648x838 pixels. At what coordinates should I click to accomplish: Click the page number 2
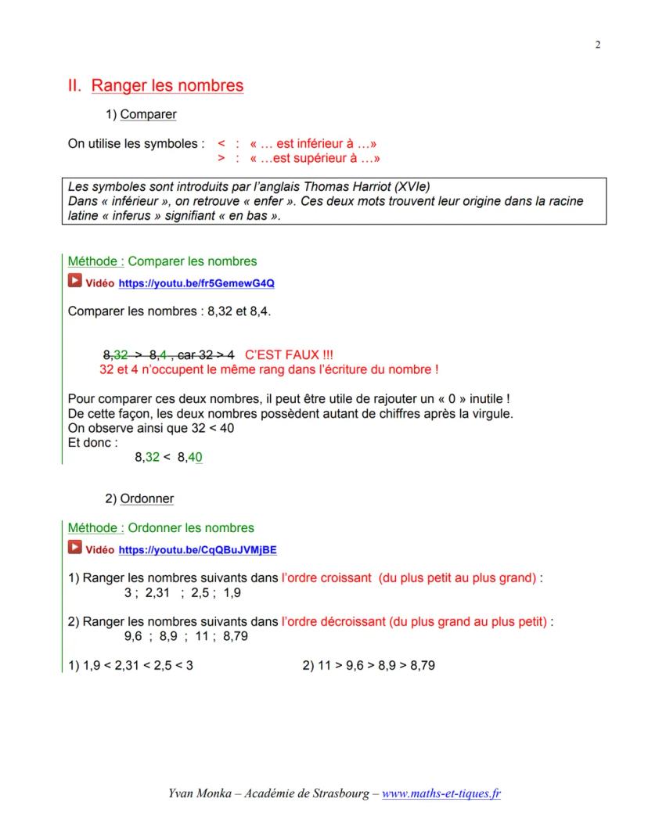pos(598,45)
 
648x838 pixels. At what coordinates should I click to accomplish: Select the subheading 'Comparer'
pos(148,114)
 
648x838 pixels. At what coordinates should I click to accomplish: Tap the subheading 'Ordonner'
pos(147,498)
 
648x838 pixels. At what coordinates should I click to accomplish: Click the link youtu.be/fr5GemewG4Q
pos(196,283)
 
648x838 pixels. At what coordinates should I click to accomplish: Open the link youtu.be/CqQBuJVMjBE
pos(197,550)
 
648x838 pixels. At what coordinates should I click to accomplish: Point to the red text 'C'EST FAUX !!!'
pos(289,354)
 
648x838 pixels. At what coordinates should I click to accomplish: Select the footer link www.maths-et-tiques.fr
pos(441,793)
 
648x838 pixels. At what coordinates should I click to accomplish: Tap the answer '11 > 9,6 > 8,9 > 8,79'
pos(368,666)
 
